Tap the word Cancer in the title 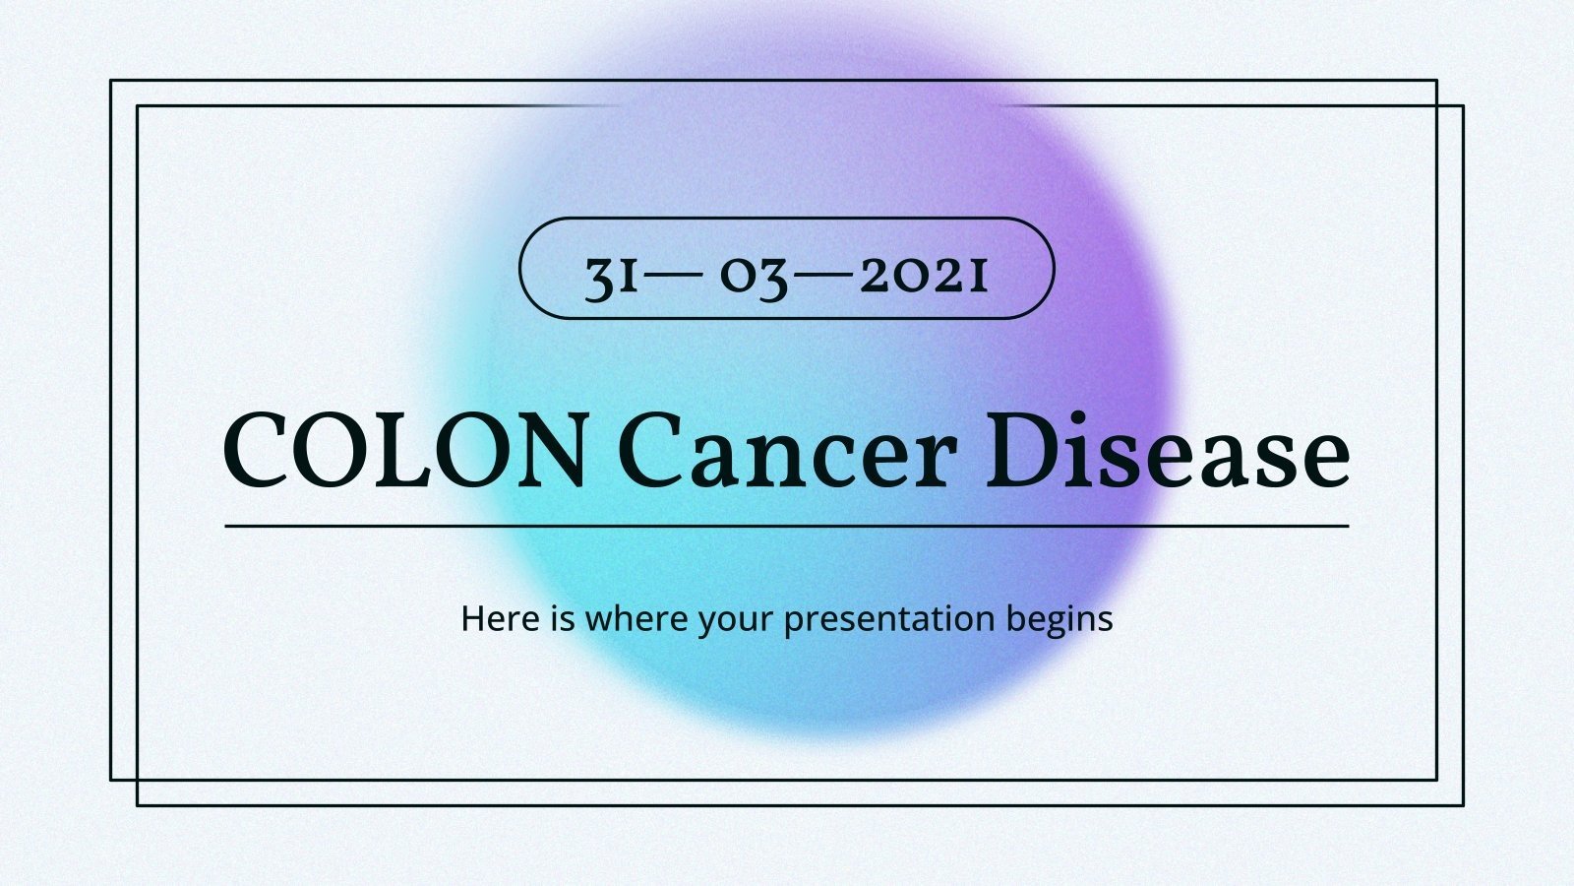click(787, 452)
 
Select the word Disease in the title click(1168, 452)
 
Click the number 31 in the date click(612, 278)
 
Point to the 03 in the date click(754, 278)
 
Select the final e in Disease click(1322, 461)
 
